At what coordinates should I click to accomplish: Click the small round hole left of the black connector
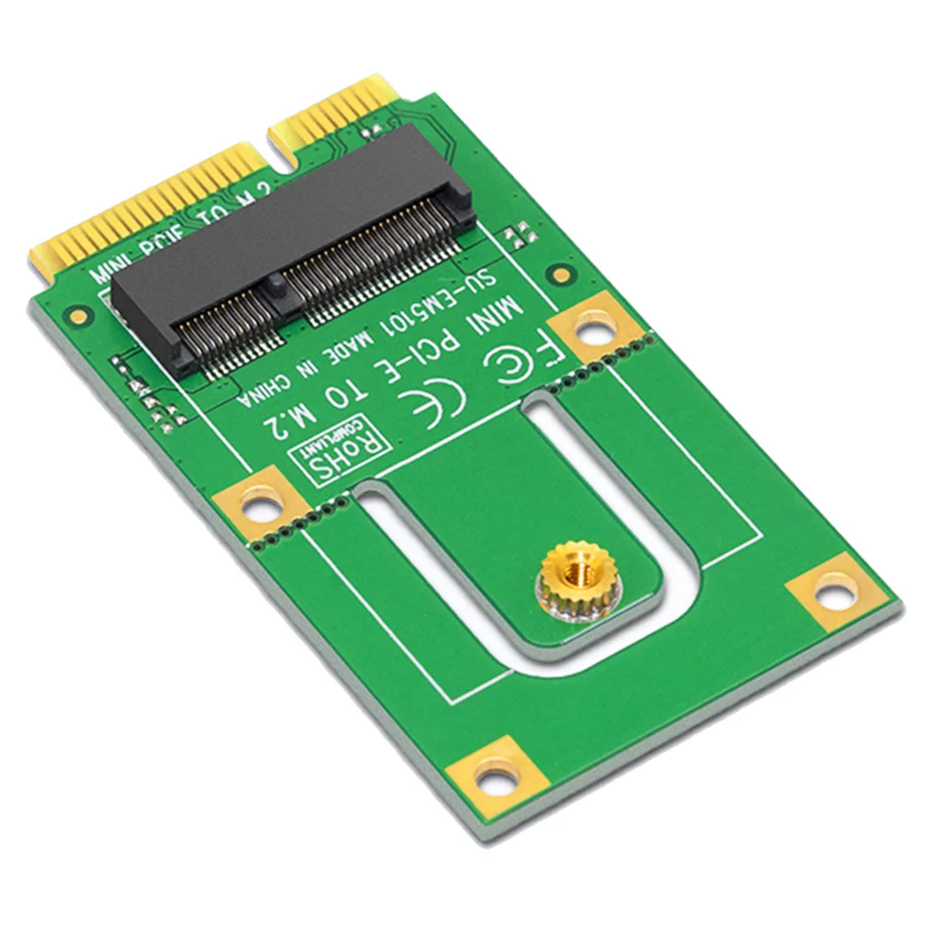click(x=81, y=315)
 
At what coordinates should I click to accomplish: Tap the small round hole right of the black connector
click(x=559, y=274)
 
